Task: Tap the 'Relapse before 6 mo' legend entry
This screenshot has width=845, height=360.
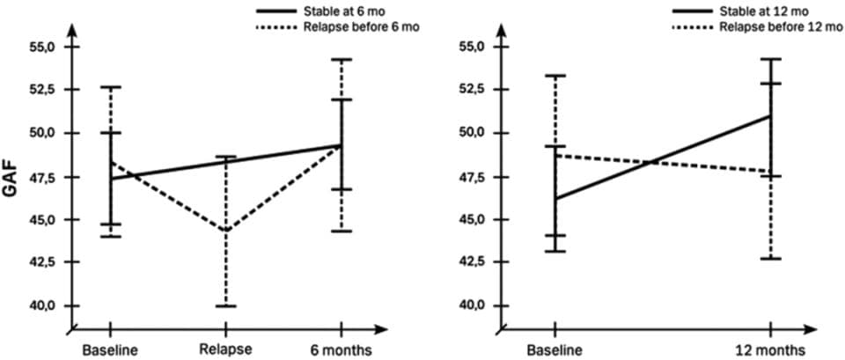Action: click(340, 26)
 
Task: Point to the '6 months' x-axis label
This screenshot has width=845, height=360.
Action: click(342, 350)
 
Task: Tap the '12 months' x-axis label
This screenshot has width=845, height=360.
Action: click(771, 350)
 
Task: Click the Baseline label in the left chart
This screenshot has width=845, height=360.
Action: click(111, 350)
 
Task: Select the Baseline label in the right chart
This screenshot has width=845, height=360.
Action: click(555, 350)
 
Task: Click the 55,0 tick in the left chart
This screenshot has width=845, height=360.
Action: click(41, 47)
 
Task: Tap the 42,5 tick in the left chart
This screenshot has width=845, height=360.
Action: click(41, 262)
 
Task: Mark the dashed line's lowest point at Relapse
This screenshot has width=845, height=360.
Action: click(226, 231)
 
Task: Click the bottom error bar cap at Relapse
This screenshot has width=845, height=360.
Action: click(226, 305)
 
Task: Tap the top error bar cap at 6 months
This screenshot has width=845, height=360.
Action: click(342, 60)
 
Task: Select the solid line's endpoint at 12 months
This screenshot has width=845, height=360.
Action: click(771, 115)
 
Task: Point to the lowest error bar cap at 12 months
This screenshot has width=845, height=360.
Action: click(771, 258)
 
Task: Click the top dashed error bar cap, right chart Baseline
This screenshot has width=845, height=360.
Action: click(555, 76)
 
